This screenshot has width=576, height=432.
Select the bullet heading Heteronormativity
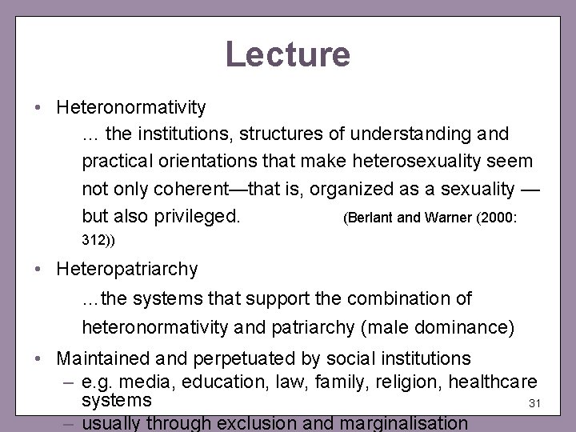(x=132, y=106)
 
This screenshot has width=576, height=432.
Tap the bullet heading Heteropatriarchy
(x=127, y=270)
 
